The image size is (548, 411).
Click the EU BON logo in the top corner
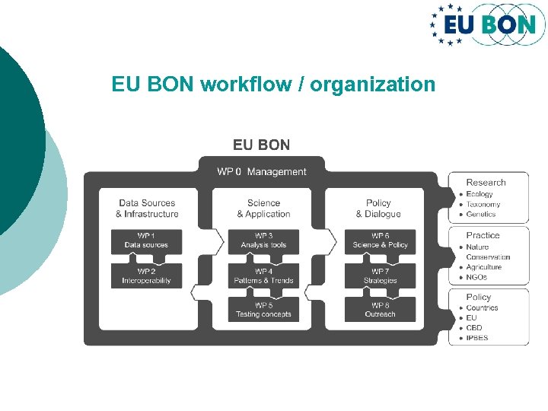(x=483, y=24)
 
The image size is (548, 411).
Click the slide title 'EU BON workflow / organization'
(x=273, y=84)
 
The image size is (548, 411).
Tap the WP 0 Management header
(x=261, y=172)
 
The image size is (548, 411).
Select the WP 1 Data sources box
(x=146, y=241)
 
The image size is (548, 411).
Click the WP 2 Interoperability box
(x=146, y=276)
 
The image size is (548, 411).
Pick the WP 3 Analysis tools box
(x=263, y=241)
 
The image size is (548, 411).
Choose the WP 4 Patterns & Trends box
(x=263, y=276)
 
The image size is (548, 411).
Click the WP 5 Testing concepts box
(x=263, y=310)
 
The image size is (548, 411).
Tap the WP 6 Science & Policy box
(x=380, y=241)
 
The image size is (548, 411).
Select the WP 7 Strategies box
(x=380, y=276)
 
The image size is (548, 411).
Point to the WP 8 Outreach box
(x=380, y=310)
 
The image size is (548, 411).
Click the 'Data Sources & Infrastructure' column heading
(x=147, y=209)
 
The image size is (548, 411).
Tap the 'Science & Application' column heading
(x=263, y=209)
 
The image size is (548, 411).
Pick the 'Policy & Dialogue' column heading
(x=378, y=209)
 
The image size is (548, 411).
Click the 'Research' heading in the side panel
(x=486, y=183)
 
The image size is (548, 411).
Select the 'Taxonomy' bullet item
(x=483, y=205)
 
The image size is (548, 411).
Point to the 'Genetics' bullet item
(x=481, y=215)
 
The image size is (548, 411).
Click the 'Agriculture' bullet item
(x=484, y=267)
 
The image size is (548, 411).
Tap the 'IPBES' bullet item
(x=477, y=338)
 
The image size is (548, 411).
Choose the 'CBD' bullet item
(x=474, y=328)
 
